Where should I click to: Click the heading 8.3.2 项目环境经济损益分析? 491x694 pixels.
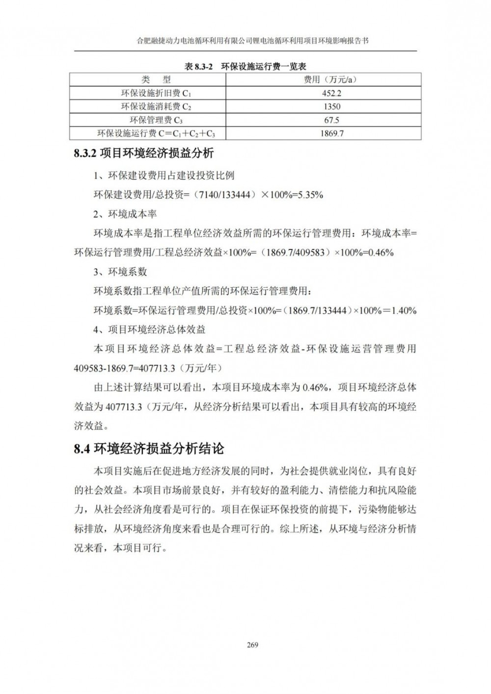(144, 153)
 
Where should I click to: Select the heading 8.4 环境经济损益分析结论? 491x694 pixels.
(149, 448)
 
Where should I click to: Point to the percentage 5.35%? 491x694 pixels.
(308, 195)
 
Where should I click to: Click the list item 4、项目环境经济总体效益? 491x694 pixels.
(149, 329)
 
